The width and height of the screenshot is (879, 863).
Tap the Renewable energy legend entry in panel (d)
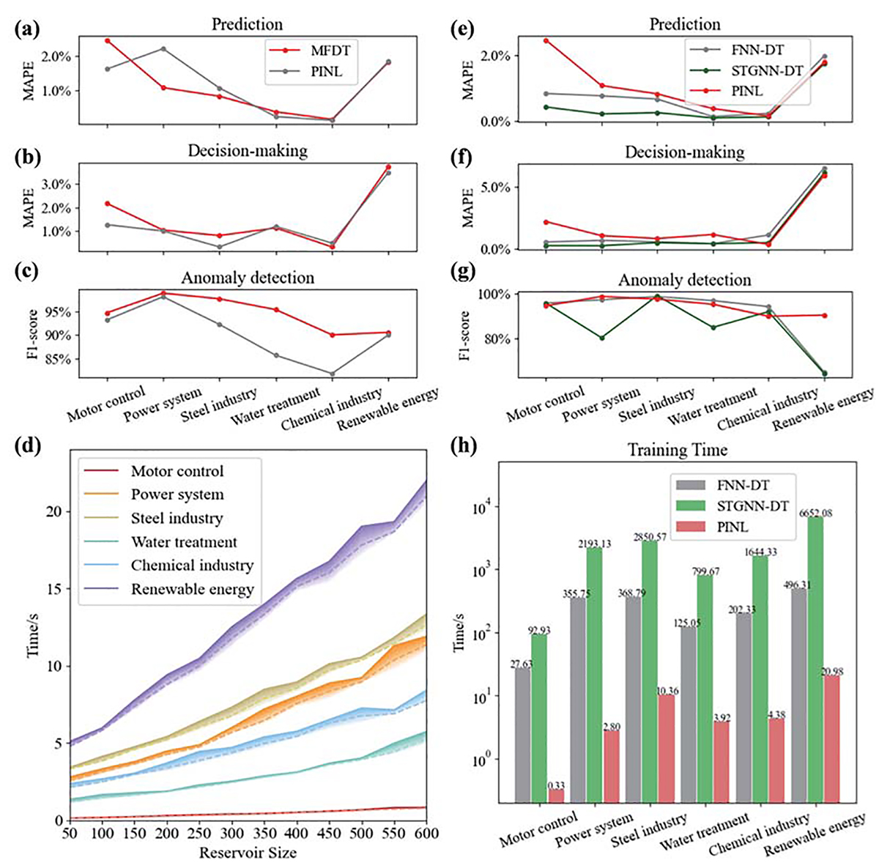point(192,589)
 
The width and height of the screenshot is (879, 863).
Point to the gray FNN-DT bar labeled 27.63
point(524,736)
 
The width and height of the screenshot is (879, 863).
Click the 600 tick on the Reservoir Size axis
point(426,834)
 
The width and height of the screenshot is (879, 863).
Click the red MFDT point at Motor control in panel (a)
point(107,40)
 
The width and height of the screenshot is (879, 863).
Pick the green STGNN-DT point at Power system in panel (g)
point(602,338)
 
